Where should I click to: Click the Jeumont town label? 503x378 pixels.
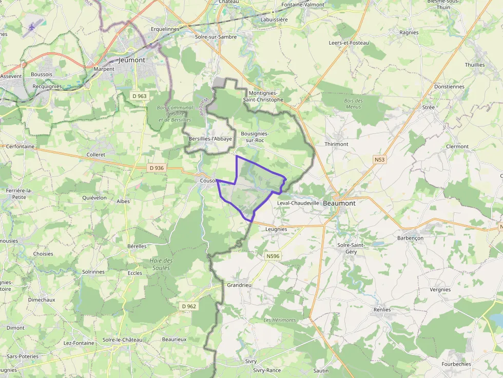[131, 60]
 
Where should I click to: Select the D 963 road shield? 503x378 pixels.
[139, 96]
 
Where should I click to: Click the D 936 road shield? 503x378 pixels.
[157, 168]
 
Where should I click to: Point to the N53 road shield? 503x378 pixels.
[379, 160]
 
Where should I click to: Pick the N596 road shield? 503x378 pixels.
[273, 255]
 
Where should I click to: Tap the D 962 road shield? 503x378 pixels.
[189, 306]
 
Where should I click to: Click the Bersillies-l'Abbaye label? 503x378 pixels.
[210, 138]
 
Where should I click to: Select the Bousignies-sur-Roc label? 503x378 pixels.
[255, 136]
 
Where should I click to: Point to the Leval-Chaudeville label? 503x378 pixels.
[298, 203]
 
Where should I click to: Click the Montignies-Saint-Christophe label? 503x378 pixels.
[263, 96]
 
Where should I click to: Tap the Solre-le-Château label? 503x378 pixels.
[122, 340]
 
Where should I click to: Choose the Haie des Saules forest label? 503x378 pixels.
[161, 264]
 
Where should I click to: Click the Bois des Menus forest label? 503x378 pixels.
[353, 104]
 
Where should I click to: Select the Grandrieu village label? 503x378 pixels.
[239, 285]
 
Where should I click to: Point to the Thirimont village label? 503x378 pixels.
[336, 144]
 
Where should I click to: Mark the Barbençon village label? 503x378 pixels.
[410, 238]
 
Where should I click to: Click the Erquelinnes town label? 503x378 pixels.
[165, 29]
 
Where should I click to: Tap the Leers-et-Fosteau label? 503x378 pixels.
[349, 43]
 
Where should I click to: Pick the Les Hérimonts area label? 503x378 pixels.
[280, 320]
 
